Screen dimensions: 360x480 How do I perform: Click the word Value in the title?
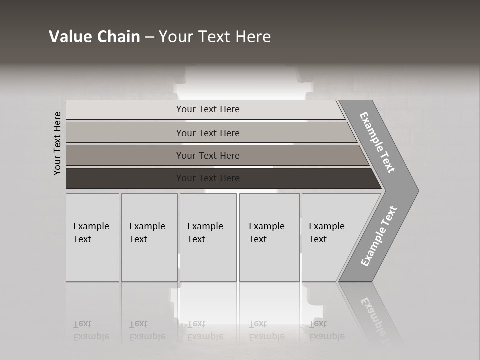(x=70, y=37)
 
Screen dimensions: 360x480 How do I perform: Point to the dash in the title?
(x=150, y=37)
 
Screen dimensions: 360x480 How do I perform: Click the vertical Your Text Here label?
(x=57, y=143)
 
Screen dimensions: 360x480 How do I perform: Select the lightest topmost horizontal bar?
(x=207, y=109)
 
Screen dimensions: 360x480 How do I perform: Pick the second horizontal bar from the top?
(x=207, y=133)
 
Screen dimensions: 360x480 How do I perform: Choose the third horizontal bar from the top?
(x=207, y=155)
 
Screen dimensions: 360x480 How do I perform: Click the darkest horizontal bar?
(x=207, y=178)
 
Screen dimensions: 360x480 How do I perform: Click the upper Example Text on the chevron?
(x=377, y=142)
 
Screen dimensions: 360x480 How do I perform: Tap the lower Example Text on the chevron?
(x=378, y=236)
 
